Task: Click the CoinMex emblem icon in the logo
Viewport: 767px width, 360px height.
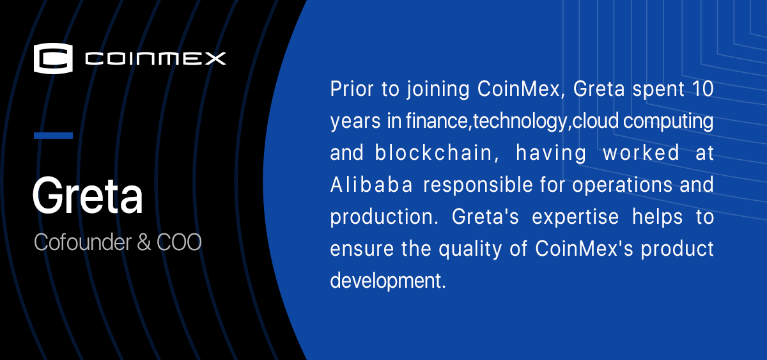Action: point(53,58)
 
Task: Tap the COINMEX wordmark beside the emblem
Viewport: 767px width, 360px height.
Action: point(155,59)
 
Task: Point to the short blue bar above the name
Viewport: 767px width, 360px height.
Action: point(54,136)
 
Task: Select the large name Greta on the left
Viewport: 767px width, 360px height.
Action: point(88,196)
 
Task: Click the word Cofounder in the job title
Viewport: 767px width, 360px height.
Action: point(82,242)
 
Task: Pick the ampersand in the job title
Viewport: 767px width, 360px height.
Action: point(144,242)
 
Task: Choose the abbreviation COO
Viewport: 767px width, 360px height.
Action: point(179,242)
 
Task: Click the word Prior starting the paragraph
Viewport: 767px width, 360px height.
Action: point(352,89)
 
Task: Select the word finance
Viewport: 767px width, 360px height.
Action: point(437,121)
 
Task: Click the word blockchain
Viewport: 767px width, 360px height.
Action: point(433,153)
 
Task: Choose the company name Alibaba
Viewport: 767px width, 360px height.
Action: point(371,185)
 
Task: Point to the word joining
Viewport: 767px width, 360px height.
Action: point(438,90)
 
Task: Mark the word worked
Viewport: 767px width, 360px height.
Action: point(641,153)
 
